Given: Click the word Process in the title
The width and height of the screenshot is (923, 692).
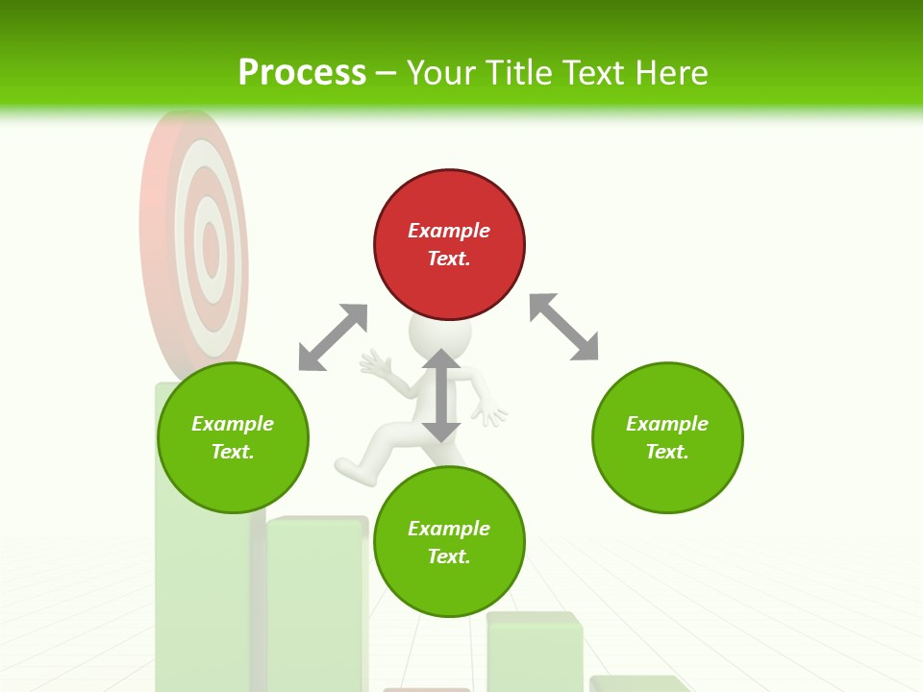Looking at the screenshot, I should pyautogui.click(x=302, y=73).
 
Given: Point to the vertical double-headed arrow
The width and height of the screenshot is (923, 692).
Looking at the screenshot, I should pyautogui.click(x=441, y=395).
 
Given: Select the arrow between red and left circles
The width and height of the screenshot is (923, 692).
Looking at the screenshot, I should pyautogui.click(x=333, y=336).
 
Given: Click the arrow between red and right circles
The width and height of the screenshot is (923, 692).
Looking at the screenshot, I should pyautogui.click(x=563, y=327).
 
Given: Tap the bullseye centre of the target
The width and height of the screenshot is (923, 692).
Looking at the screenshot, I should pyautogui.click(x=210, y=250).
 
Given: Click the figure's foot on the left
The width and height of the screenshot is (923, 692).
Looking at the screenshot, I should pyautogui.click(x=348, y=468).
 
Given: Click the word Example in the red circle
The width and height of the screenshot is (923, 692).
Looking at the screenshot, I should pyautogui.click(x=449, y=231).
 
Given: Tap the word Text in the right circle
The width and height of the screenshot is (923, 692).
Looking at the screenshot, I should pyautogui.click(x=665, y=452).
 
